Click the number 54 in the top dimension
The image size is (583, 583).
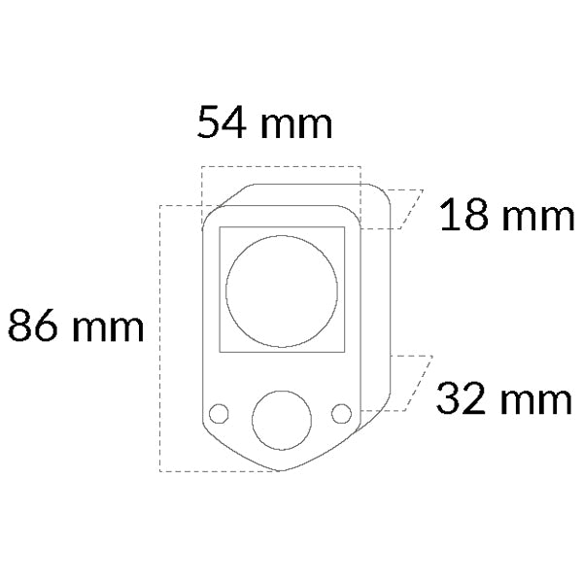(223, 123)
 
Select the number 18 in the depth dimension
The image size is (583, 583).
(462, 216)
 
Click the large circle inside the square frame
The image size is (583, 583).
(282, 290)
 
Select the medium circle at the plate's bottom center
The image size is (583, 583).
(282, 420)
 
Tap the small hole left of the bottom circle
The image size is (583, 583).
(220, 413)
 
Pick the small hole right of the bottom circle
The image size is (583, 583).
(341, 413)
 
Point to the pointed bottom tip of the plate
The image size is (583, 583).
(282, 471)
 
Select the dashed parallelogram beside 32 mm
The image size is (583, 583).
(409, 383)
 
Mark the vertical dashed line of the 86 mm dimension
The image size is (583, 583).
(159, 340)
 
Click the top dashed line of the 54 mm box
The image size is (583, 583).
(280, 166)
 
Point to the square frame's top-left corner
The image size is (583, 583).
(220, 227)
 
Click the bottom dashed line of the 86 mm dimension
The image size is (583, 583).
(219, 472)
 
